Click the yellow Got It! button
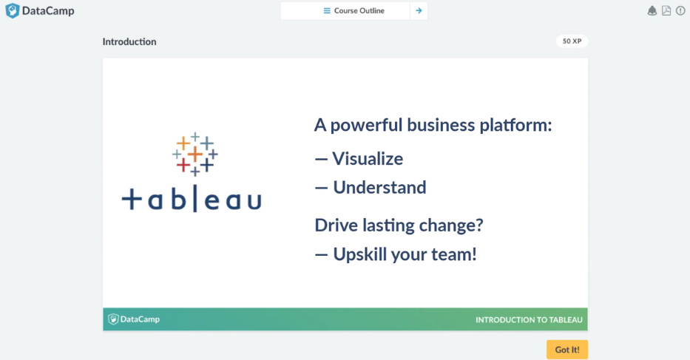[x=567, y=350]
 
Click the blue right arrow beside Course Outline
[x=419, y=10]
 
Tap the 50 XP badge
[x=572, y=41]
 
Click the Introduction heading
[x=129, y=41]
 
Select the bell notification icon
[x=652, y=11]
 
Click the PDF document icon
[x=666, y=10]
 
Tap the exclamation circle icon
[x=680, y=10]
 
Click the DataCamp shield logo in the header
[x=13, y=10]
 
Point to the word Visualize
[x=368, y=159]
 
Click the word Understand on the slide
[x=379, y=188]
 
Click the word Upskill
[x=359, y=254]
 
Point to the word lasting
[x=388, y=225]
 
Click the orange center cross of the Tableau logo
[x=195, y=154]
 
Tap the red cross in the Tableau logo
[x=183, y=166]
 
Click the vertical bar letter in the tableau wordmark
[x=195, y=199]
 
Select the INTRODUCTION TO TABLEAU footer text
[x=529, y=320]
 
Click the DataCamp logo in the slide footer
[x=134, y=319]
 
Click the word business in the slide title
[x=441, y=125]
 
